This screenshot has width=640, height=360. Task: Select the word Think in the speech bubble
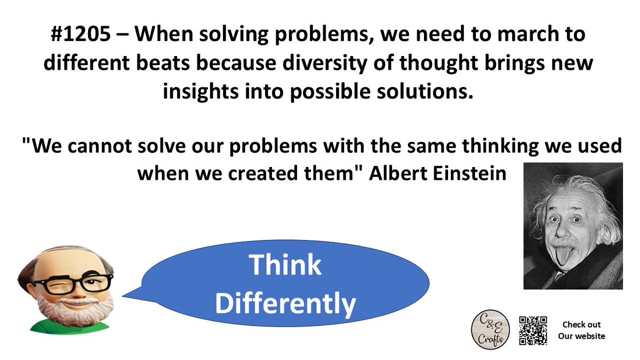pyautogui.click(x=285, y=265)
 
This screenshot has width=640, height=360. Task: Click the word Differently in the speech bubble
pyautogui.click(x=285, y=303)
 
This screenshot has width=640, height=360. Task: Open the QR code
pyautogui.click(x=533, y=330)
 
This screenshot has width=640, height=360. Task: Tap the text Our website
pyautogui.click(x=581, y=336)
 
